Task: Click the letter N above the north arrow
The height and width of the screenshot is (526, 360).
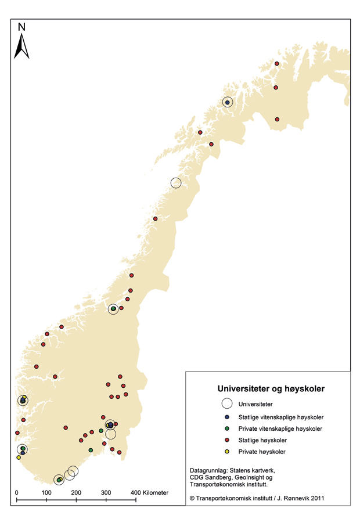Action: click(21, 27)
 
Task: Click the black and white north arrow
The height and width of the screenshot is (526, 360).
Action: click(21, 46)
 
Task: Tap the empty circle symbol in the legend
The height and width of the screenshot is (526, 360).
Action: click(227, 404)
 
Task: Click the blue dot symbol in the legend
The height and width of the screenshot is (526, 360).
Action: click(227, 417)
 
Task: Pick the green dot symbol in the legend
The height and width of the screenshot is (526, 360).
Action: click(227, 428)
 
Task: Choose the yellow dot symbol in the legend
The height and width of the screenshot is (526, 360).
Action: click(227, 451)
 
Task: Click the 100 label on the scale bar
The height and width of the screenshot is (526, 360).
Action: click(46, 493)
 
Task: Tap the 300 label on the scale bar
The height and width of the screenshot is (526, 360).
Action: click(106, 493)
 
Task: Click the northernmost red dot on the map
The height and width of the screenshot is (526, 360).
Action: click(277, 63)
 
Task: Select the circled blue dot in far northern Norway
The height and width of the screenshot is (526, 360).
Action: click(227, 102)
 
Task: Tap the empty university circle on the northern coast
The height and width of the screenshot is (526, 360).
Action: click(176, 182)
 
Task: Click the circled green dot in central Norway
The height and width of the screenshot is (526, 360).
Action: click(113, 309)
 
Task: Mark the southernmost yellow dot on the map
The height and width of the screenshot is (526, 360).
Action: click(19, 457)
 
